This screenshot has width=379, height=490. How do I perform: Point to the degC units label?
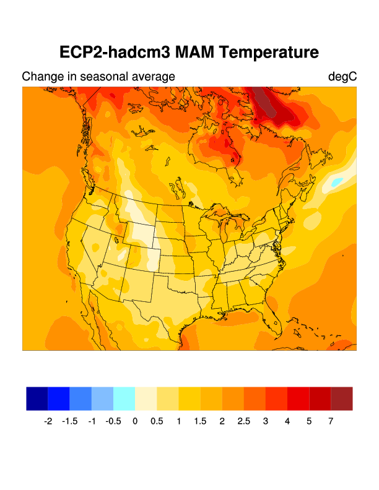pos(342,77)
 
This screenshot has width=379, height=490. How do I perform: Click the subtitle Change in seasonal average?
pos(98,77)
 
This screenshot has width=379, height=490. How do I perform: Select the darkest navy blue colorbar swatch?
pos(37,398)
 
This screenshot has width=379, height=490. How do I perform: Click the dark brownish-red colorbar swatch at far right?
pos(342,398)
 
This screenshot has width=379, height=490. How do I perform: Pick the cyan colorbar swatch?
pos(124,398)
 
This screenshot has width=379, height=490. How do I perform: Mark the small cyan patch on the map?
pos(336,183)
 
